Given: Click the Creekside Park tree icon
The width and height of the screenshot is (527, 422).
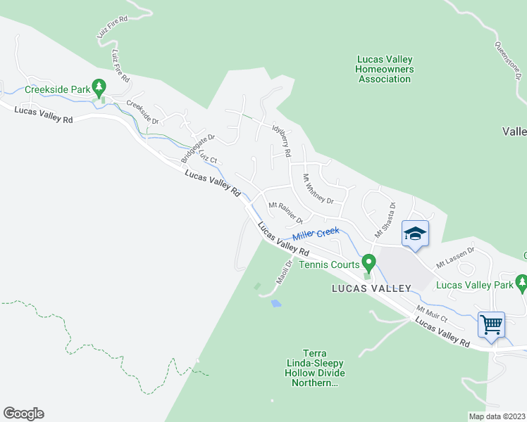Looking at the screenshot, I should (99, 87).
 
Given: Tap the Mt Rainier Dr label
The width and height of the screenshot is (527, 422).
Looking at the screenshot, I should (285, 210).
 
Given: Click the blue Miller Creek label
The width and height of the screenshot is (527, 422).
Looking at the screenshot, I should (316, 234).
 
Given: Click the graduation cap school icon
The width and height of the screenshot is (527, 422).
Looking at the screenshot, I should (416, 233).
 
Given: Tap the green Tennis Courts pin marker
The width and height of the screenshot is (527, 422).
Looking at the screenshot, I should (368, 263).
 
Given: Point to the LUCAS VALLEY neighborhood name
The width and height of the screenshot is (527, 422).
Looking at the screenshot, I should (372, 288).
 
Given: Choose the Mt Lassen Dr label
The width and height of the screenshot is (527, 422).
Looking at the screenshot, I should (455, 257).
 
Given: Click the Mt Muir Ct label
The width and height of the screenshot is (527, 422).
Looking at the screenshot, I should (432, 314).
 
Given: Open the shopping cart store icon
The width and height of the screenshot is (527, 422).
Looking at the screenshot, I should (491, 324).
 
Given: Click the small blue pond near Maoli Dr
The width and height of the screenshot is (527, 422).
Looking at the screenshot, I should (275, 303).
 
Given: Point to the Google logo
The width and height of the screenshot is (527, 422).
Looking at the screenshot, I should (23, 414).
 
